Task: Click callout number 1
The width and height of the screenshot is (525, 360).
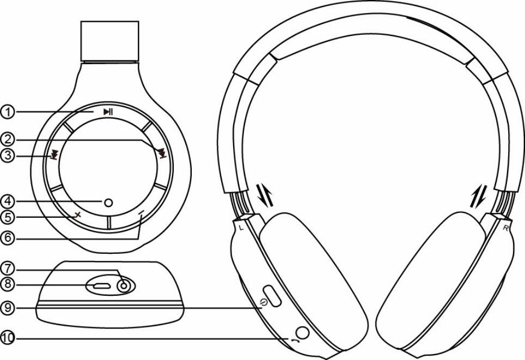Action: click(7, 112)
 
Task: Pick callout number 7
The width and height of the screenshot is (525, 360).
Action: click(7, 268)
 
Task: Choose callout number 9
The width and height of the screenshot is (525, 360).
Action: click(7, 308)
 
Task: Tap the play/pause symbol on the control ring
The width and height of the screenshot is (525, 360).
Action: click(108, 112)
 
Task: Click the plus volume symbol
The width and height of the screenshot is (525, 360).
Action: click(77, 215)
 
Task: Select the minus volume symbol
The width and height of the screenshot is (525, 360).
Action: click(142, 213)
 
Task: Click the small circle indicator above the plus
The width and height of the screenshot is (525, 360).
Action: click(108, 203)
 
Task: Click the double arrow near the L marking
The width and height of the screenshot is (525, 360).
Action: click(264, 194)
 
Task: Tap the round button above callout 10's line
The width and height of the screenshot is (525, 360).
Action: click(302, 331)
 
